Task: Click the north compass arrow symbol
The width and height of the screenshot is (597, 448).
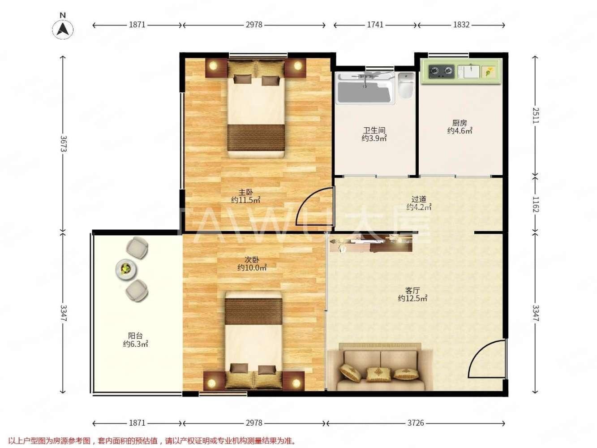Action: point(63,29)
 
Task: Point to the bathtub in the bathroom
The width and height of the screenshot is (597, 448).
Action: point(365,88)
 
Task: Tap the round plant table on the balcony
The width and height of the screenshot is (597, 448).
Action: point(126,269)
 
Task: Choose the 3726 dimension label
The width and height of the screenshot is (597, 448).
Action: point(416,423)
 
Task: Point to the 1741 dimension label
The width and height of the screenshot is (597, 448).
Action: point(375,25)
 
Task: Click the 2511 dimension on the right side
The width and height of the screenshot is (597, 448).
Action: point(535,116)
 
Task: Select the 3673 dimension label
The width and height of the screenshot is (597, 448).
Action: point(63,144)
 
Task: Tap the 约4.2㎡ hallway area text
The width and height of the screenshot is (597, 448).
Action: point(419,207)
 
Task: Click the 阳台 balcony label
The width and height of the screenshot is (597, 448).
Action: point(135,336)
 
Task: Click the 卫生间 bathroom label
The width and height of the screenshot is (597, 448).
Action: point(374,130)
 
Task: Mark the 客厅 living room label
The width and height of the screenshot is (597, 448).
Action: point(412,290)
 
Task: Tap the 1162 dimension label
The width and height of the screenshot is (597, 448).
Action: point(535,204)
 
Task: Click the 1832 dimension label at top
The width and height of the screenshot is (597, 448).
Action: point(461,25)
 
